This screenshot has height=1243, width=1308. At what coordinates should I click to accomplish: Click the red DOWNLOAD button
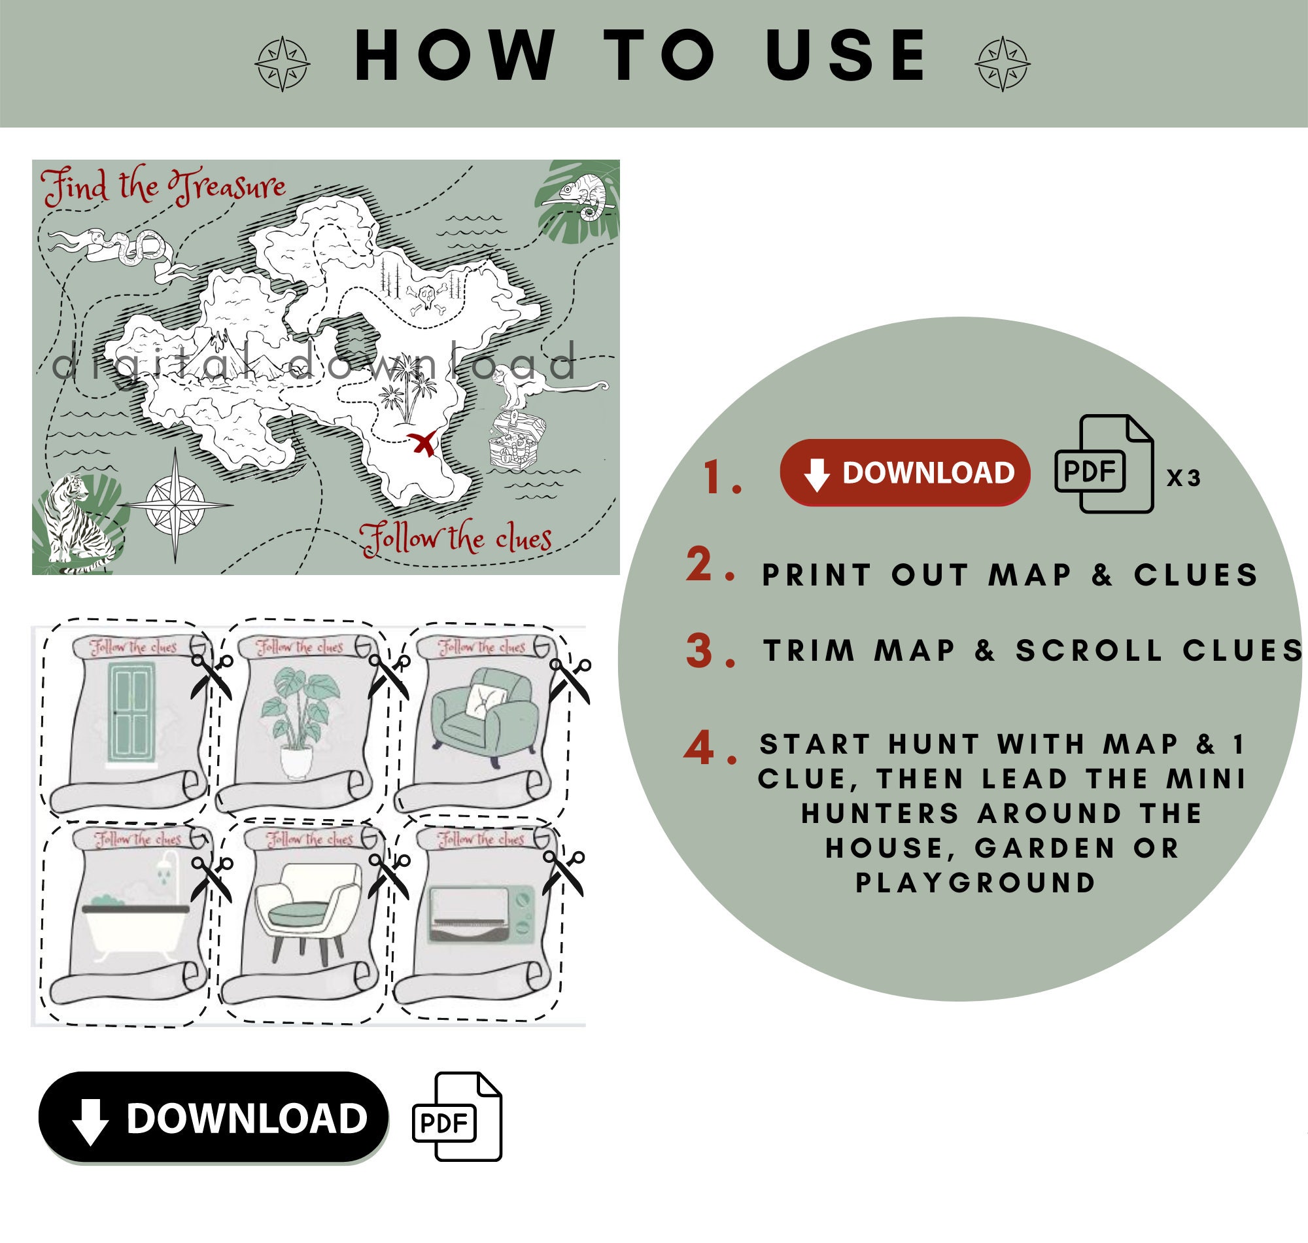(x=904, y=472)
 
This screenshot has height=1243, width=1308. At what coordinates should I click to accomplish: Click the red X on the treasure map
(x=423, y=442)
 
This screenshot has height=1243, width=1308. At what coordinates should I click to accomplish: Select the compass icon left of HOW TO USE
(x=282, y=64)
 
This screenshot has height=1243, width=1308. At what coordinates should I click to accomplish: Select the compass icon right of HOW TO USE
(x=1002, y=64)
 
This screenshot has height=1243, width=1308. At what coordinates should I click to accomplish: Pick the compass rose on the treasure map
(x=175, y=505)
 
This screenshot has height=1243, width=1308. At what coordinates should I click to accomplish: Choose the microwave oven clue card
(x=480, y=915)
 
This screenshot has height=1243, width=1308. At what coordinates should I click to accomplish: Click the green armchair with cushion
(x=483, y=716)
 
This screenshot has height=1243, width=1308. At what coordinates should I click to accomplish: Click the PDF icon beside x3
(x=1103, y=464)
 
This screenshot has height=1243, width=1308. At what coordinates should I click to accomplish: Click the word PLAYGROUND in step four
(x=976, y=883)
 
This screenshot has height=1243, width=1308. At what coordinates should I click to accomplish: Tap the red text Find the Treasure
(x=163, y=186)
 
